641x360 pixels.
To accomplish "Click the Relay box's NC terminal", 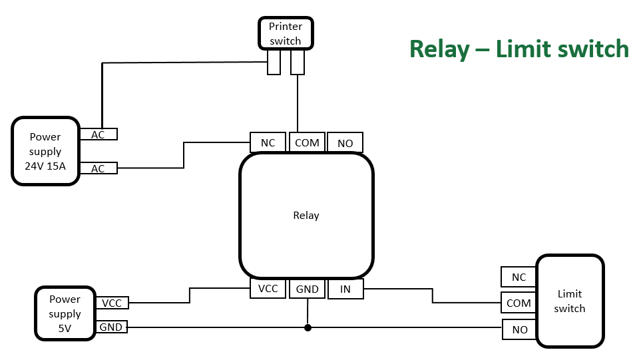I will tap(268, 142).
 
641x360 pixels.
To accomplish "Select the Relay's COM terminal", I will tap(307, 142).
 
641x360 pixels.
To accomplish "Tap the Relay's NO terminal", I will tap(345, 143).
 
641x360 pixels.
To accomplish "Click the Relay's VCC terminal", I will tap(268, 289).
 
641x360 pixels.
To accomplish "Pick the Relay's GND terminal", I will tap(307, 289).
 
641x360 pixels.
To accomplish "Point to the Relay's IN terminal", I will tap(345, 289).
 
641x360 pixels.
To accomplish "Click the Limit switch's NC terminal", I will tap(519, 277).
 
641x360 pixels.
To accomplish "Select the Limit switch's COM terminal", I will tap(519, 303).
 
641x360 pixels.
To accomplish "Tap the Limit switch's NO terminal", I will tap(519, 329).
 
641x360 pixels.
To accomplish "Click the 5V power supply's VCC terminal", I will tap(112, 303).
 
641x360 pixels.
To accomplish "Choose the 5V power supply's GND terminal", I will tap(112, 327).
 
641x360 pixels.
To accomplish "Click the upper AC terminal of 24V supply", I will tap(98, 134).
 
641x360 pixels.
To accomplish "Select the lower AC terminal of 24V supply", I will tap(98, 168).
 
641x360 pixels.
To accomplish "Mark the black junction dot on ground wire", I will tap(308, 327).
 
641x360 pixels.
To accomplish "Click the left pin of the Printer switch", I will tap(274, 63).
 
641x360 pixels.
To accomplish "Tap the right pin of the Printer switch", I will tap(298, 63).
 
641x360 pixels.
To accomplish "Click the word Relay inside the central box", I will tap(306, 216).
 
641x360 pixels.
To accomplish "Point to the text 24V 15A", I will tap(45, 166).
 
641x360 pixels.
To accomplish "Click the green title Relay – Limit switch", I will tap(519, 49).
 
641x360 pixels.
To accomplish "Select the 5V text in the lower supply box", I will tap(65, 328).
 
